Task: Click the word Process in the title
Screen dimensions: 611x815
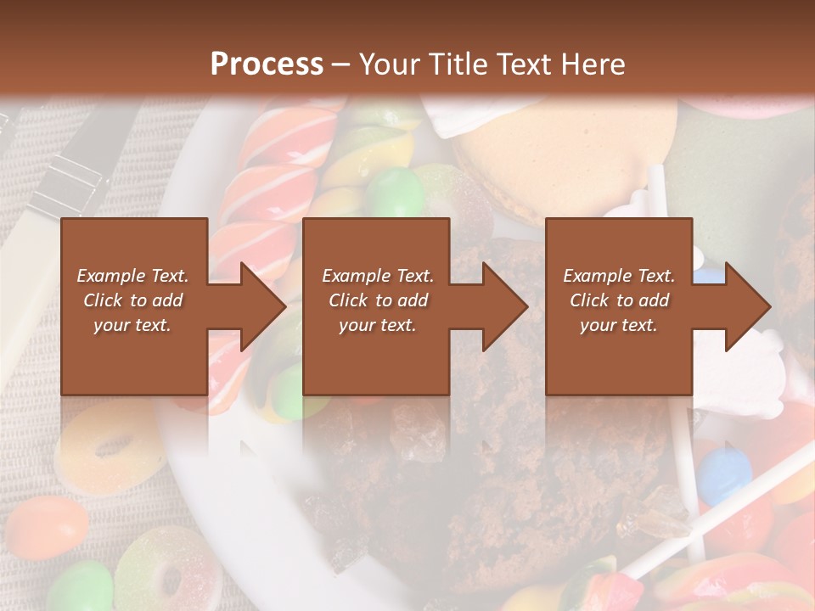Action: [267, 64]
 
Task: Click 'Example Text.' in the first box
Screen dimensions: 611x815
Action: [132, 276]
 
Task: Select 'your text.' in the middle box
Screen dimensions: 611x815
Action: [377, 325]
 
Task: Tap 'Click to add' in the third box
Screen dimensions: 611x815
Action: [619, 300]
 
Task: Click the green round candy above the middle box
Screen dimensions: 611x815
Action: [395, 192]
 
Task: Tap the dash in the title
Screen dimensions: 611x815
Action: [341, 64]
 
